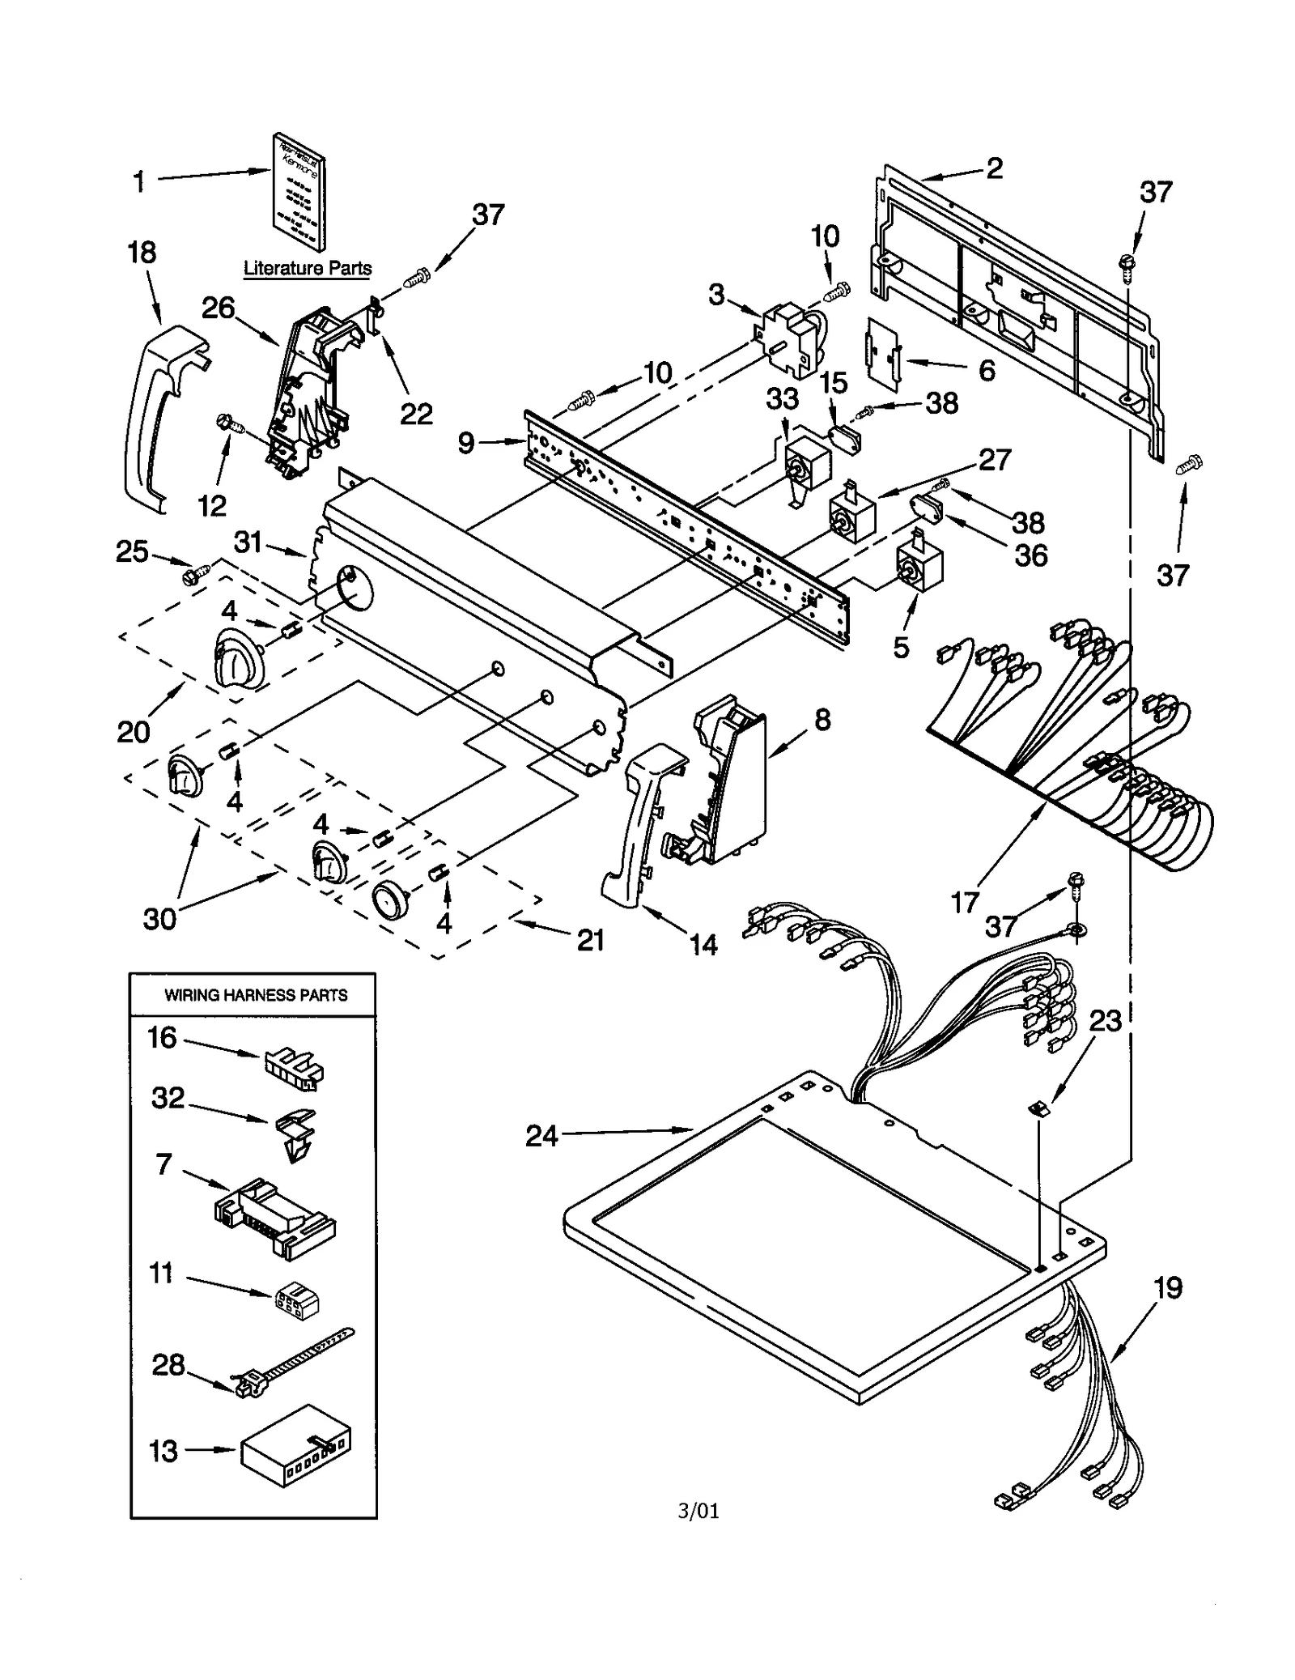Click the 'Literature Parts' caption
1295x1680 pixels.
tap(308, 268)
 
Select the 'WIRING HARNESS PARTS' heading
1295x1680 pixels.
tap(256, 995)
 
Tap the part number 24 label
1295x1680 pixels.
tap(541, 1136)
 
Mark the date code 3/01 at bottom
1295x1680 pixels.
tap(698, 1510)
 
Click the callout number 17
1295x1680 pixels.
tap(964, 901)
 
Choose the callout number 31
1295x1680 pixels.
tap(248, 542)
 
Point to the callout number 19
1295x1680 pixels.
tap(1168, 1288)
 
